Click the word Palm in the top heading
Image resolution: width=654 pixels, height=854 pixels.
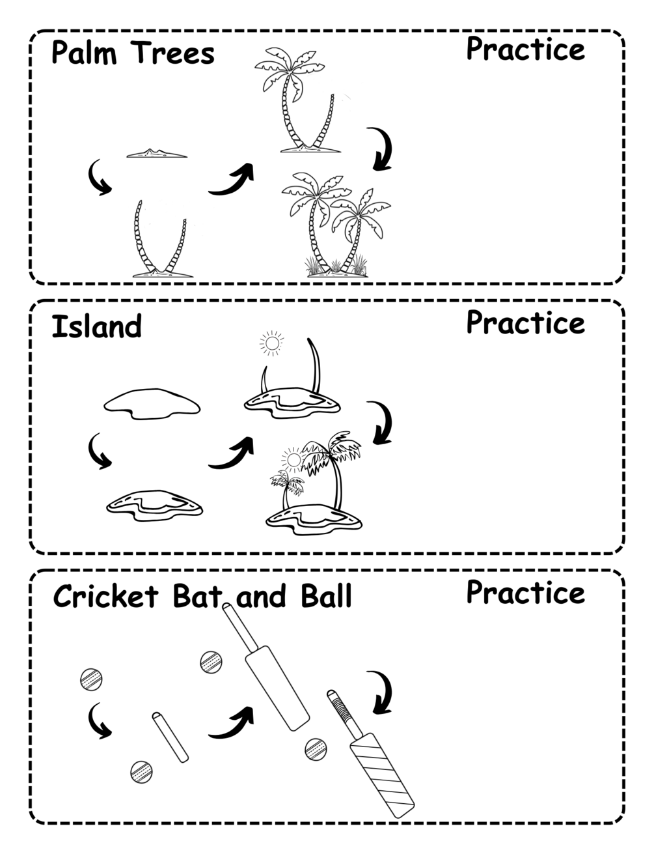84,52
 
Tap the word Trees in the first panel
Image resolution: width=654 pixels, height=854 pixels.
172,52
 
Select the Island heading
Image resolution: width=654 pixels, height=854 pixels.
96,326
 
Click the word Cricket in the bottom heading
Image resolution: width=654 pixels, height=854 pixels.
106,596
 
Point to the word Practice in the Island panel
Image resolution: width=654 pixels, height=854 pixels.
526,322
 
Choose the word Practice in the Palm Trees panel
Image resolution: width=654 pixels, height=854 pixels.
526,49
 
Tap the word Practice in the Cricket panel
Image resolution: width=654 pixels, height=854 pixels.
526,592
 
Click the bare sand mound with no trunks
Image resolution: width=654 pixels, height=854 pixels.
157,154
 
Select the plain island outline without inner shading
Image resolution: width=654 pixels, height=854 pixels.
152,404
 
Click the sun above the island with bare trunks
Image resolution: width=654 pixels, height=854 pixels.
271,343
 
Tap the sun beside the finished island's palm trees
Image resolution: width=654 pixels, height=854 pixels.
293,459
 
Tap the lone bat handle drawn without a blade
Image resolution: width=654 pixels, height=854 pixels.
170,737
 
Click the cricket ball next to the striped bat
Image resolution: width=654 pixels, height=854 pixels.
316,749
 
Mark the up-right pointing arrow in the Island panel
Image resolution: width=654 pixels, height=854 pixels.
231,452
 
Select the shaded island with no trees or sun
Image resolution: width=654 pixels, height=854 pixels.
155,505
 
